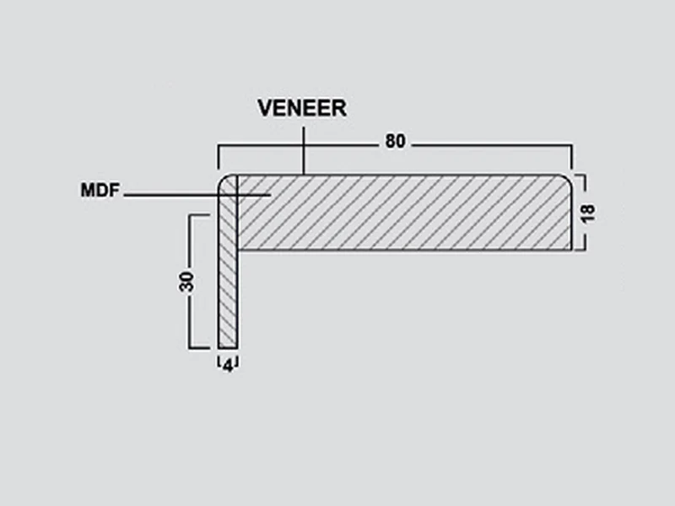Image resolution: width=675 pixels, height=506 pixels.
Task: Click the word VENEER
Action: click(302, 108)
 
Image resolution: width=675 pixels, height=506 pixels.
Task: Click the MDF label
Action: click(100, 191)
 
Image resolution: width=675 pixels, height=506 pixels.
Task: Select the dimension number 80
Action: click(395, 141)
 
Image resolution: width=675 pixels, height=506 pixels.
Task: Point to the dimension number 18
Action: click(588, 213)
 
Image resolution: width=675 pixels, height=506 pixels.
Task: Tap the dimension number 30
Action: click(186, 282)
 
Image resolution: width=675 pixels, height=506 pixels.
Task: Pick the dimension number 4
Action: click(228, 366)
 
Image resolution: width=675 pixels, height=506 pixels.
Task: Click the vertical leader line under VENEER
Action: click(304, 150)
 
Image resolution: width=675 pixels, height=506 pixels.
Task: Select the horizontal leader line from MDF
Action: click(197, 196)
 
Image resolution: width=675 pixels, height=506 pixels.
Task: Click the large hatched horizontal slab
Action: click(404, 213)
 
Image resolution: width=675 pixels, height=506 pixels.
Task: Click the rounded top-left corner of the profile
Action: click(224, 180)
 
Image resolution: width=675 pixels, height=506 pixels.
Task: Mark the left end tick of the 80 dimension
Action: click(219, 158)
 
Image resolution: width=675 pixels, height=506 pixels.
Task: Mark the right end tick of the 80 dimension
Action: click(572, 158)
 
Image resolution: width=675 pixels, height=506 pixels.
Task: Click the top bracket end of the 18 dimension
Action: click(580, 175)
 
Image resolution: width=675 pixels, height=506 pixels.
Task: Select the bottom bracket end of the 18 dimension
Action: click(580, 249)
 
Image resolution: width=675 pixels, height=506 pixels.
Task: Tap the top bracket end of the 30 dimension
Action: click(199, 215)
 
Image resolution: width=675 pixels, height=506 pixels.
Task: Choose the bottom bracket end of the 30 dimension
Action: click(199, 347)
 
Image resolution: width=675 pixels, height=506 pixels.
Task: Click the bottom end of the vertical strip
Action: click(228, 347)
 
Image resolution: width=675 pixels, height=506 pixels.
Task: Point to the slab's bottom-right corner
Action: click(571, 250)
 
